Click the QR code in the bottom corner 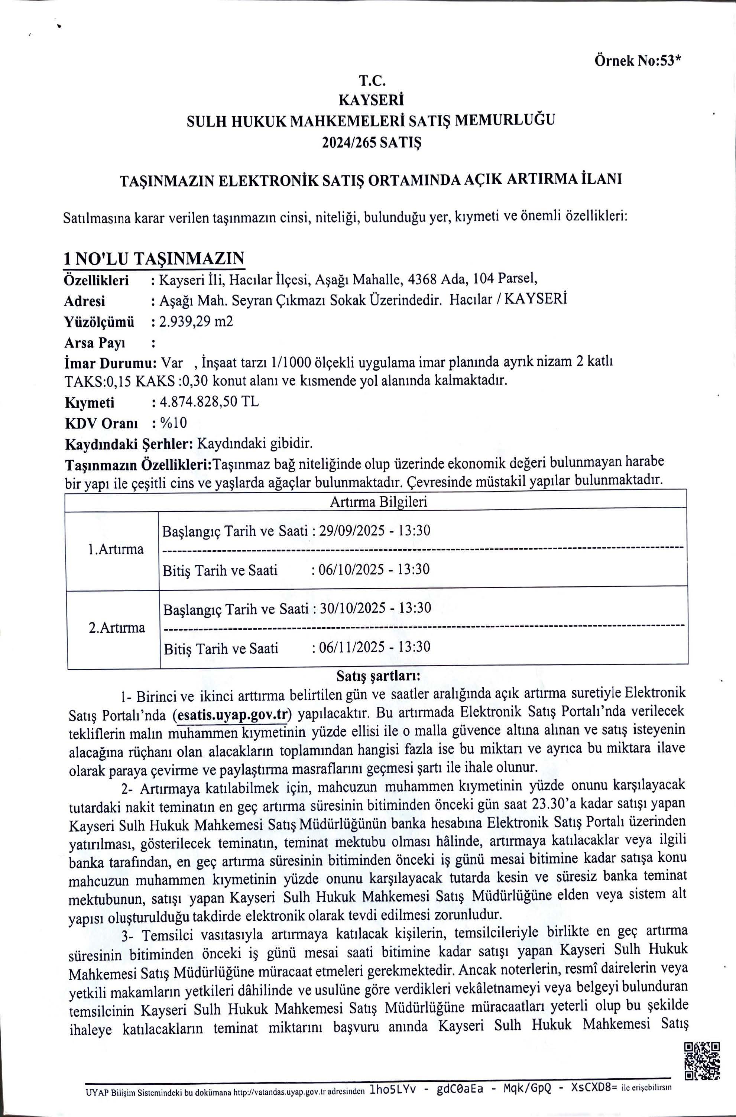point(702,1048)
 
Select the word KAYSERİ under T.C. point(371,100)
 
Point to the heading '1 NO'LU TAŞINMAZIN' point(154,259)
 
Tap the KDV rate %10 point(173,423)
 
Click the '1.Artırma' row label point(116,549)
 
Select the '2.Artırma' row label point(117,628)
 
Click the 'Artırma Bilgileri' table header point(378,502)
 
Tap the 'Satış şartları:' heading point(378,676)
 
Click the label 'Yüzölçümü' point(99,322)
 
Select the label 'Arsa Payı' point(94,343)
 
